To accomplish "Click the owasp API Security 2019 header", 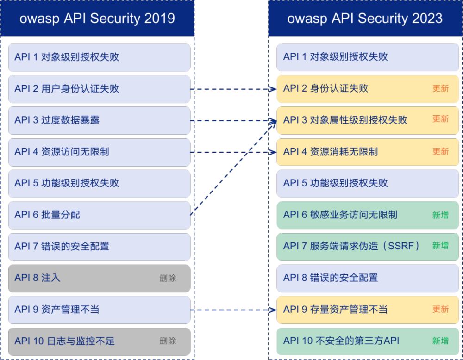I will coord(97,19).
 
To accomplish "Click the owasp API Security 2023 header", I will coord(365,19).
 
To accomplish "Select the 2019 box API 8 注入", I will coord(99,278).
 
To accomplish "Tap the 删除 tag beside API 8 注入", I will coord(168,278).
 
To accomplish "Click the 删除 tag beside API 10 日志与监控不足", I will coord(168,341).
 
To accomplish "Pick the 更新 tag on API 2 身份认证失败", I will coord(440,88).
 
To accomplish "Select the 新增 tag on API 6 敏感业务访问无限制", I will coord(440,215).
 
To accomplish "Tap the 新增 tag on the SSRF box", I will coord(440,246).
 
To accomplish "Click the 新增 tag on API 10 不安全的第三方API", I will coord(440,341).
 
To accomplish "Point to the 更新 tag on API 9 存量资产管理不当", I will coord(440,309).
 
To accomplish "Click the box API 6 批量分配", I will coord(99,215).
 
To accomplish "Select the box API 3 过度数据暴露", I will coord(99,120).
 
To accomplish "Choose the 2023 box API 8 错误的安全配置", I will coord(368,278).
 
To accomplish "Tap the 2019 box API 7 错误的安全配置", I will coord(99,246).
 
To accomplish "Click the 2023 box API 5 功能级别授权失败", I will coord(368,183).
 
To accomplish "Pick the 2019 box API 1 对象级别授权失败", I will coord(99,57).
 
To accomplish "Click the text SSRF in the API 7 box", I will coord(401,246).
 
